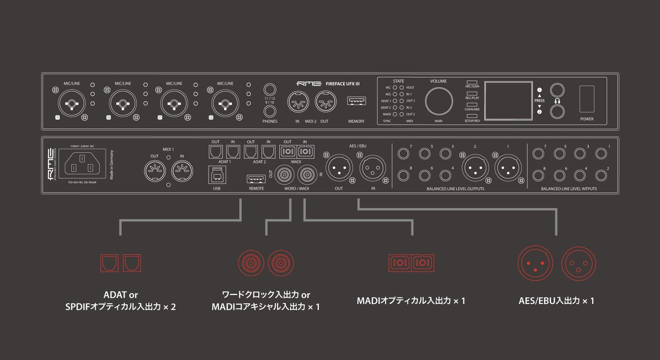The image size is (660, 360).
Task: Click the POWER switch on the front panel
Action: [587, 99]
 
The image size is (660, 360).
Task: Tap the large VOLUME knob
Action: [439, 101]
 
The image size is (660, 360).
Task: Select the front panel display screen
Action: [508, 101]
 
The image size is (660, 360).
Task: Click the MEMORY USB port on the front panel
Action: [356, 101]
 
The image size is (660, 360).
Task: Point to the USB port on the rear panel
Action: [217, 175]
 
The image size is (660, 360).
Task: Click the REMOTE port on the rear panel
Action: [256, 179]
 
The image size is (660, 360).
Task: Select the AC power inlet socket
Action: [82, 163]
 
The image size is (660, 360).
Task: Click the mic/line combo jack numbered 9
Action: [71, 103]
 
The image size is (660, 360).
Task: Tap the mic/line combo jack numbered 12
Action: [225, 103]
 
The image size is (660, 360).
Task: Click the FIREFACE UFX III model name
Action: [342, 84]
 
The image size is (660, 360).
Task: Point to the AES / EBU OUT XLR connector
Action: [339, 168]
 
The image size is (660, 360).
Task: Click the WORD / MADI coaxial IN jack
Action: [307, 175]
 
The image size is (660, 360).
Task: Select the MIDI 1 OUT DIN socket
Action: [155, 171]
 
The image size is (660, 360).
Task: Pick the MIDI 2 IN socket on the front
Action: [298, 101]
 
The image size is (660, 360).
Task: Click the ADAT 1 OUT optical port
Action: [216, 152]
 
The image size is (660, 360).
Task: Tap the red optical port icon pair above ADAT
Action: [120, 263]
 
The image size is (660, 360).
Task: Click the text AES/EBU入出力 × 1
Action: [556, 301]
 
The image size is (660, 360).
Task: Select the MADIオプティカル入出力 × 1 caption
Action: [411, 301]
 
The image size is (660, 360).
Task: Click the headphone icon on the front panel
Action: [557, 101]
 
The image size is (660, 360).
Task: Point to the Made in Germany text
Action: [111, 165]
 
